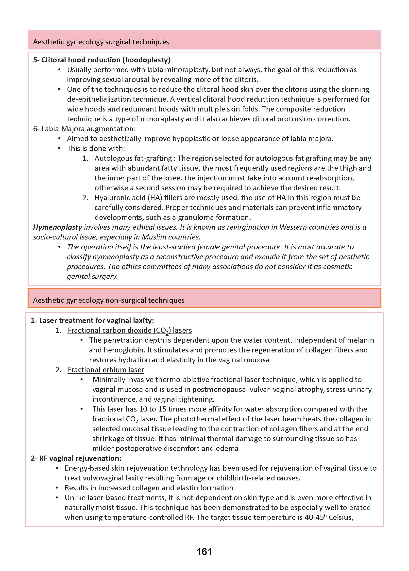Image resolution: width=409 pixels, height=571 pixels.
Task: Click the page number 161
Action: (x=204, y=552)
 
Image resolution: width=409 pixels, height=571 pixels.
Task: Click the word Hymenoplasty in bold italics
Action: (x=57, y=227)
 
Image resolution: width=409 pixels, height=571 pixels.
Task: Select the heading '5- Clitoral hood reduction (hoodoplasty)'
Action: (x=102, y=60)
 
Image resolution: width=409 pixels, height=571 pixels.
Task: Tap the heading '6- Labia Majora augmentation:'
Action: (x=84, y=129)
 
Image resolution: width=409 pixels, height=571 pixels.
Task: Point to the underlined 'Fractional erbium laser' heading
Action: (x=106, y=369)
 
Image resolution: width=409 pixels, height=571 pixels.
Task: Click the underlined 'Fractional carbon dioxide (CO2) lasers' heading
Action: (x=130, y=330)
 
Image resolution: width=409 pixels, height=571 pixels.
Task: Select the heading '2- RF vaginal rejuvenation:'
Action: (x=76, y=458)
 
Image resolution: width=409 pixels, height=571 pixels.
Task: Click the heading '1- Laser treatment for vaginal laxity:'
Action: (x=92, y=320)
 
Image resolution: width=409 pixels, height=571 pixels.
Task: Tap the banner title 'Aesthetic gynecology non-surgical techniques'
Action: (x=109, y=300)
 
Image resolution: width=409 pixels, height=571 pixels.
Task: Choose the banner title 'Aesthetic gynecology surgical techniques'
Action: (x=101, y=42)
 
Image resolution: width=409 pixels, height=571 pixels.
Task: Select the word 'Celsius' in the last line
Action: (x=341, y=517)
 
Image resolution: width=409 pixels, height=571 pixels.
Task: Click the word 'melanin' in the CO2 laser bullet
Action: (x=360, y=340)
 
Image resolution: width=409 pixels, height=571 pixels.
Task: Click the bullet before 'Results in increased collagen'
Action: (x=57, y=488)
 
